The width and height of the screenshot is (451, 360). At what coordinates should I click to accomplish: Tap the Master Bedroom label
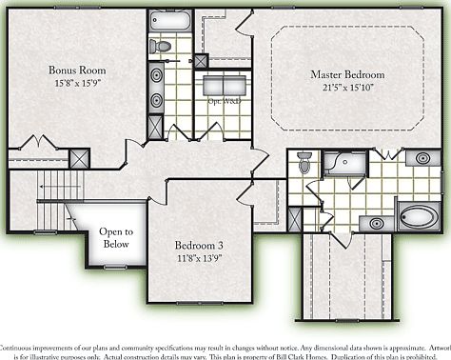pyautogui.click(x=347, y=74)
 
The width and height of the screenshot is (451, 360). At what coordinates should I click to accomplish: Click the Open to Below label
pyautogui.click(x=116, y=237)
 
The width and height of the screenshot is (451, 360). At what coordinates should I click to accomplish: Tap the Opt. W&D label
pyautogui.click(x=222, y=99)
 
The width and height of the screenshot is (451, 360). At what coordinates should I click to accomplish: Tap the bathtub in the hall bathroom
pyautogui.click(x=168, y=20)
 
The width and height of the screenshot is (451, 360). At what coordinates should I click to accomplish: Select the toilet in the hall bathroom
pyautogui.click(x=161, y=45)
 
